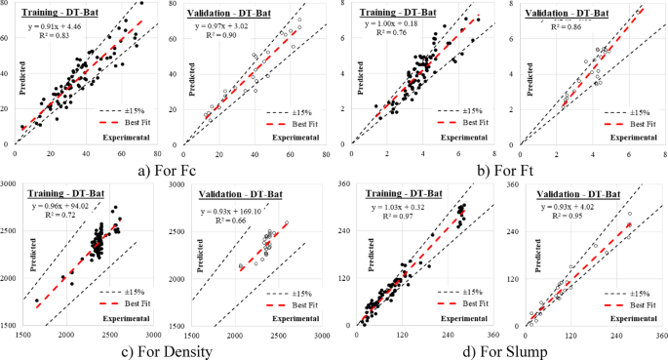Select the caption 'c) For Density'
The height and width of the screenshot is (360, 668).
coord(167,347)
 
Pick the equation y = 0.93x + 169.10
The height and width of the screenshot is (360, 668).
coord(235,211)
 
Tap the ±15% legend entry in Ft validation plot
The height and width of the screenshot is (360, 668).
coord(621,112)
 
